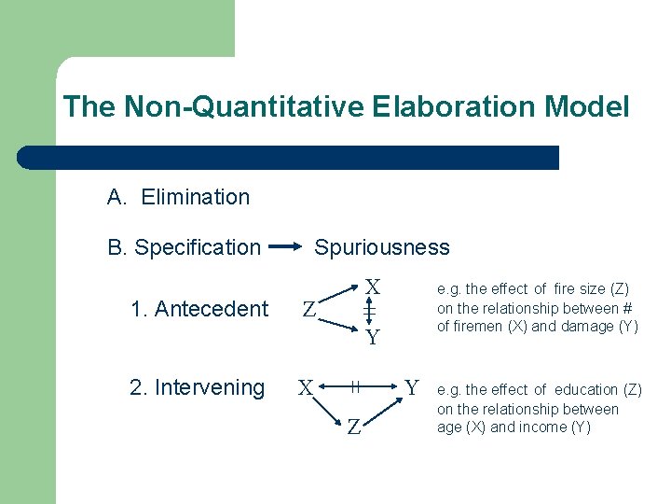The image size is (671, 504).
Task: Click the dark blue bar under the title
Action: pyautogui.click(x=289, y=158)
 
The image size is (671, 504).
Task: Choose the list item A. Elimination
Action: pyautogui.click(x=178, y=197)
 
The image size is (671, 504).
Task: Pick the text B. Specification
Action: pyautogui.click(x=184, y=247)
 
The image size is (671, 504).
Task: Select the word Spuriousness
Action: pyautogui.click(x=382, y=247)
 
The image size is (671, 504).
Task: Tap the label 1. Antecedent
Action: pyautogui.click(x=199, y=309)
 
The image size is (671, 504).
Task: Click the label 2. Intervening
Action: pyautogui.click(x=198, y=387)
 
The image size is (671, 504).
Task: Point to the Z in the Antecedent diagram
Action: pyautogui.click(x=308, y=309)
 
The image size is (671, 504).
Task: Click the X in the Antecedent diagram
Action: pyautogui.click(x=372, y=286)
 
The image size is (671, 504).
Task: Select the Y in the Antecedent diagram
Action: pyautogui.click(x=372, y=337)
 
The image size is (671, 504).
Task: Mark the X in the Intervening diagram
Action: pyautogui.click(x=305, y=386)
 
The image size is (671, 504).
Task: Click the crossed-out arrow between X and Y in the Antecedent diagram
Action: pyautogui.click(x=369, y=311)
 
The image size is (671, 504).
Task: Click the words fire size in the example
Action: pyautogui.click(x=578, y=289)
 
